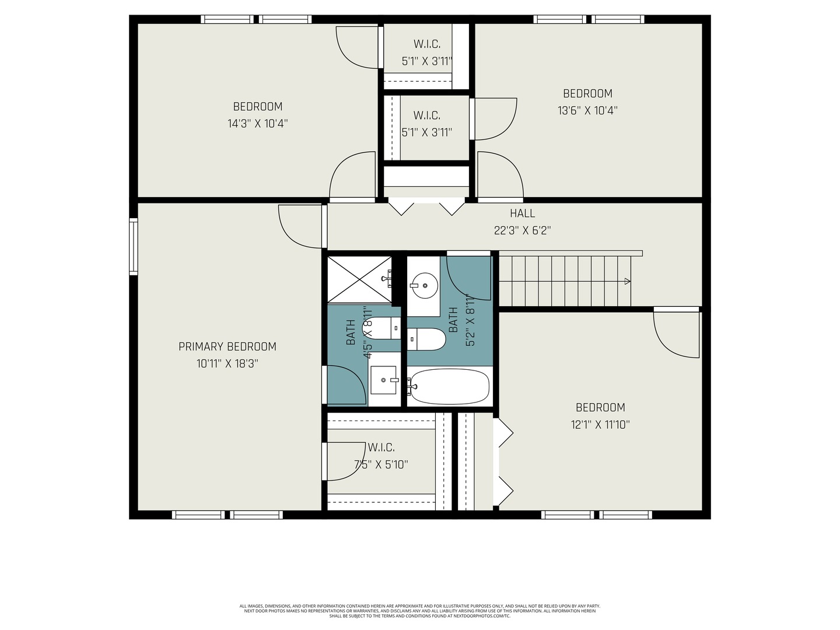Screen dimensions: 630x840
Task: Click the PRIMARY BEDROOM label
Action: pos(227,346)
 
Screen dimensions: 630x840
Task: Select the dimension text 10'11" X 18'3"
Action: pos(227,363)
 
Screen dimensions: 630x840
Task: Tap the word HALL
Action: pos(522,213)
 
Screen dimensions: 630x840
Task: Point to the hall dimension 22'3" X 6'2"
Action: pos(522,230)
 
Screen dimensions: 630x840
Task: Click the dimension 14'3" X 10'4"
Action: pos(257,124)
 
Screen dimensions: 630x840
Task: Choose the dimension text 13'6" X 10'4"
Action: pos(587,110)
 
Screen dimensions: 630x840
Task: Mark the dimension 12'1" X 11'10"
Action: pos(600,425)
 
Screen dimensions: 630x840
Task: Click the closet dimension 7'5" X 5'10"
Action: pos(381,465)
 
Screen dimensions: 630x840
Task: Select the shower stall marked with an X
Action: pos(359,279)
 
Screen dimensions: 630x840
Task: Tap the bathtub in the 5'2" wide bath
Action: pos(449,386)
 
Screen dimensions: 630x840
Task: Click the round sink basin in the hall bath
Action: pos(425,286)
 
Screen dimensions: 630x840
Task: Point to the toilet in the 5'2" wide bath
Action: pos(427,339)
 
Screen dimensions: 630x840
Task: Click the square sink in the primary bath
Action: pos(383,380)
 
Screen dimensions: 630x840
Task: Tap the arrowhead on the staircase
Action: pos(627,281)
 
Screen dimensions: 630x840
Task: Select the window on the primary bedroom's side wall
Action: pos(134,246)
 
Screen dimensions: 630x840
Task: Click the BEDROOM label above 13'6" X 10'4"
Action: pos(587,93)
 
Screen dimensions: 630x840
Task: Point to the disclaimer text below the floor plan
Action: pos(419,611)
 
